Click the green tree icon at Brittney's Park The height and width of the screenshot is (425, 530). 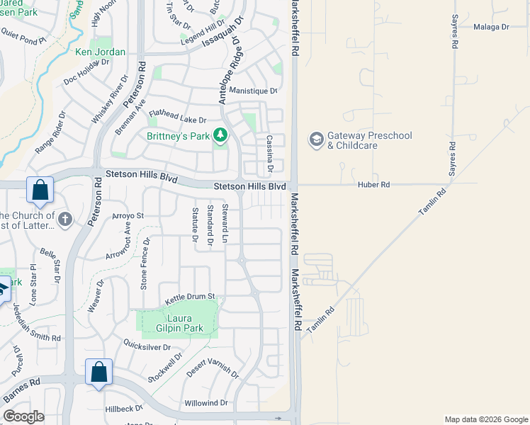220,135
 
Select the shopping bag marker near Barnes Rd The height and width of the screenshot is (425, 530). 98,372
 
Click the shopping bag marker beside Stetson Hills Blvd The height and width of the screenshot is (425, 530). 40,190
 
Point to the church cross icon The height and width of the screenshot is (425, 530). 65,219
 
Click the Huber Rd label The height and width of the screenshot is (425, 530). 376,184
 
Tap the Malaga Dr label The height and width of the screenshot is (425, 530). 490,27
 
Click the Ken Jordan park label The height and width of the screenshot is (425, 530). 100,52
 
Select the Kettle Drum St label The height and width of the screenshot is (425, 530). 190,297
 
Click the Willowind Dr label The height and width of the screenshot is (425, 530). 205,403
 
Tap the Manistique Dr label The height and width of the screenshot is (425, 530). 253,91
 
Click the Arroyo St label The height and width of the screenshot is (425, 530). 128,215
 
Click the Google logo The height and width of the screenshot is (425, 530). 23,416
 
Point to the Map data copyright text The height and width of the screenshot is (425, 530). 486,419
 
